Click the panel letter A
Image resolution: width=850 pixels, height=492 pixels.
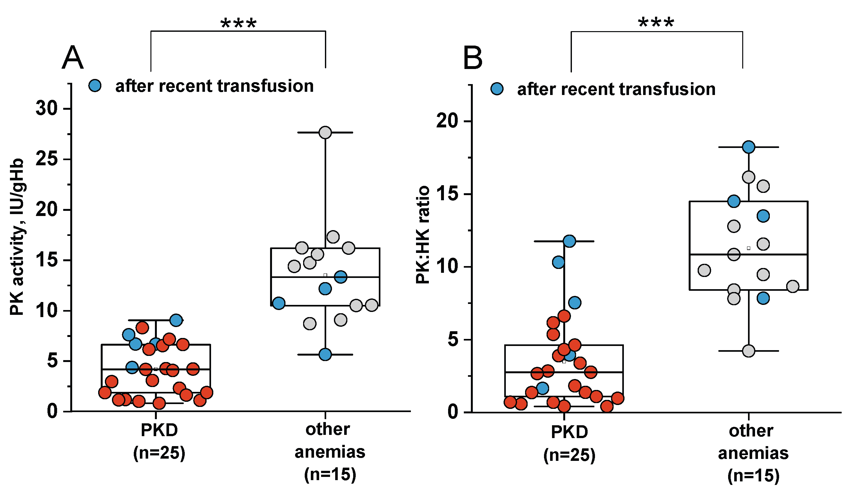coord(72,58)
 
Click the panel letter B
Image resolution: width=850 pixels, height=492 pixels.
coord(472,58)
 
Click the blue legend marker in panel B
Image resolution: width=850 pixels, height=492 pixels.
coord(497,89)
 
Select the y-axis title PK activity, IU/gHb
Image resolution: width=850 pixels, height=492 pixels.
coord(17,237)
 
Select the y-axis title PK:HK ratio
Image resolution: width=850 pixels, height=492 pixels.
coord(423,235)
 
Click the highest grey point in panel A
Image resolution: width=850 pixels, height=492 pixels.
coord(325,133)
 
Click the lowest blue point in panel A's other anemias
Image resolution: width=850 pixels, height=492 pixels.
coord(325,355)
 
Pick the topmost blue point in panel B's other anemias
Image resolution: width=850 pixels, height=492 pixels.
coord(748,147)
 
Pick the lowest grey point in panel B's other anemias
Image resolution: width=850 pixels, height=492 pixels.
coord(748,351)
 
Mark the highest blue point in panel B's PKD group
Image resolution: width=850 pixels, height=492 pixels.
coord(569,241)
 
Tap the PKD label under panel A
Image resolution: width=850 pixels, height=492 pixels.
coord(159,430)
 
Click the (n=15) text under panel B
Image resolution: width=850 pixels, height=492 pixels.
coord(753,476)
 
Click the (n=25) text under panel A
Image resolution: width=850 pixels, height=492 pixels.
coord(159,453)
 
